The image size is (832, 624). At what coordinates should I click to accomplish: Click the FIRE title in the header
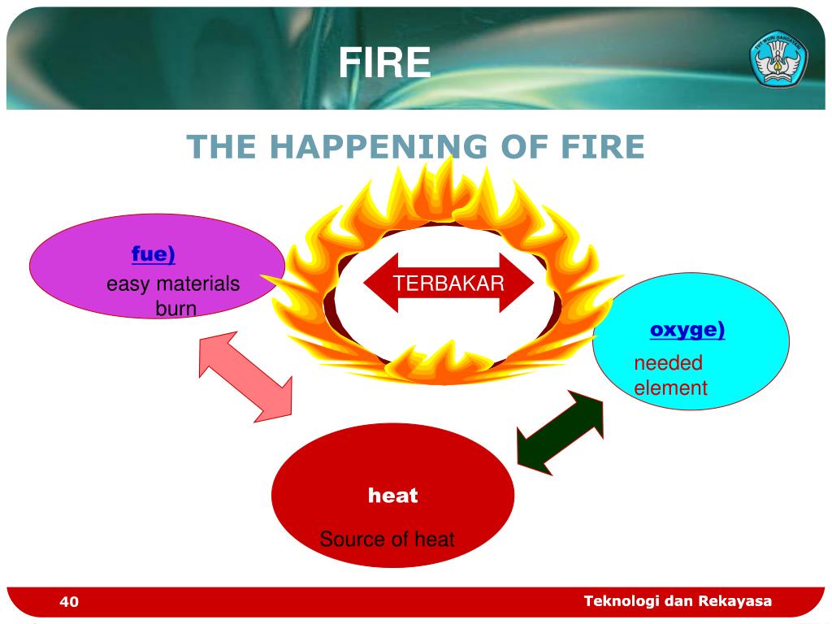click(384, 63)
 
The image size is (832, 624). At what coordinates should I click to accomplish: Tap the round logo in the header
click(778, 56)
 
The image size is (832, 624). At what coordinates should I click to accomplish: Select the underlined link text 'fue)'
click(154, 254)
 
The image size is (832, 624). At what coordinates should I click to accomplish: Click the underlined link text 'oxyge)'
click(687, 330)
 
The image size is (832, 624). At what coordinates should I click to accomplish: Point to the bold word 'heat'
click(392, 495)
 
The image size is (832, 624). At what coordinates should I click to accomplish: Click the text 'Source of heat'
click(387, 539)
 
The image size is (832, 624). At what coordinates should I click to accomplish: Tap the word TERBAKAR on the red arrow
click(449, 283)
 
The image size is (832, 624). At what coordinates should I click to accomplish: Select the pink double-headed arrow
click(245, 376)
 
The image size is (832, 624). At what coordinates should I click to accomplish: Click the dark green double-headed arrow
click(561, 432)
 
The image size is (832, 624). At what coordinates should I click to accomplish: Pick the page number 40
click(69, 601)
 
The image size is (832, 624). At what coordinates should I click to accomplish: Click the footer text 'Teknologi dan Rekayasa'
click(678, 600)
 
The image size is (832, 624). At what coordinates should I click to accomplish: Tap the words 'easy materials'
click(173, 284)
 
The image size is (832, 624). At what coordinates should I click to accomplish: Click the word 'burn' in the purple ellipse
click(176, 309)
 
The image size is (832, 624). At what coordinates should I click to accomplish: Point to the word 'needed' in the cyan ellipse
click(668, 363)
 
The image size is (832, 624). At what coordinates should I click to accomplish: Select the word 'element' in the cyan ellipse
click(670, 388)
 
